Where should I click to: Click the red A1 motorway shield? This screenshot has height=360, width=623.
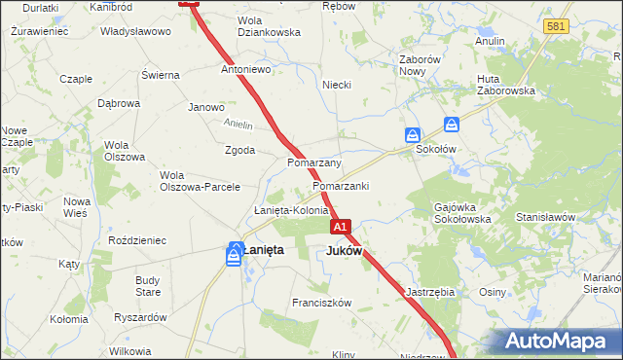(x=340, y=227)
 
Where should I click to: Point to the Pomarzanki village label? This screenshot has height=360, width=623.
(x=341, y=185)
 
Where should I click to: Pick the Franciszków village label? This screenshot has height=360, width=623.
(x=321, y=303)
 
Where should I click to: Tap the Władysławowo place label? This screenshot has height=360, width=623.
(x=135, y=31)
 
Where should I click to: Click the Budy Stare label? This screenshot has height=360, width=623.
(x=148, y=286)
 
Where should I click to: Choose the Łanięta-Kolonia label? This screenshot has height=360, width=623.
(x=291, y=211)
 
